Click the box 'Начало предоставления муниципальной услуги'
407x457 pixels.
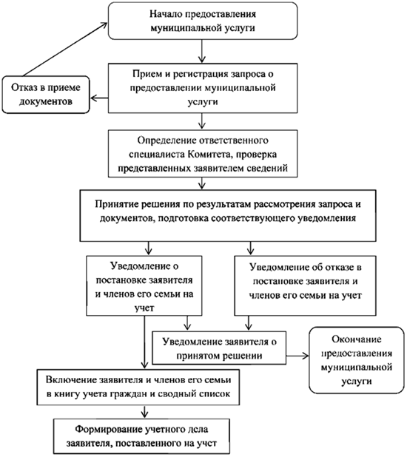click(203, 21)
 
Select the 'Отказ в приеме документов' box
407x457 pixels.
click(46, 95)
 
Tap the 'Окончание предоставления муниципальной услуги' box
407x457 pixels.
click(357, 360)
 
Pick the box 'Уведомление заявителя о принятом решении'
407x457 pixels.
click(219, 348)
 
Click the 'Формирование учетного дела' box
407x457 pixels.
click(142, 436)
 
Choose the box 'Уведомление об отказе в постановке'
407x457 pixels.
click(305, 285)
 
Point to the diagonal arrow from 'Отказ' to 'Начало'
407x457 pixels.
click(65, 50)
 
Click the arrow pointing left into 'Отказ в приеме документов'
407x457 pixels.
click(99, 98)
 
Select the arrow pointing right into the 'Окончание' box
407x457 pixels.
click(297, 356)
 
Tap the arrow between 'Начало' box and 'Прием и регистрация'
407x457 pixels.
click(202, 51)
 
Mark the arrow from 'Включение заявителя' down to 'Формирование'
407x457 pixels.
click(144, 412)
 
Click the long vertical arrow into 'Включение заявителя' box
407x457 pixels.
click(144, 342)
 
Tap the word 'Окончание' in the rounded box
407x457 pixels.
click(357, 339)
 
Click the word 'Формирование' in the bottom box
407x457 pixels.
click(108, 430)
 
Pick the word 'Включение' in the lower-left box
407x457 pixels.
click(70, 380)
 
